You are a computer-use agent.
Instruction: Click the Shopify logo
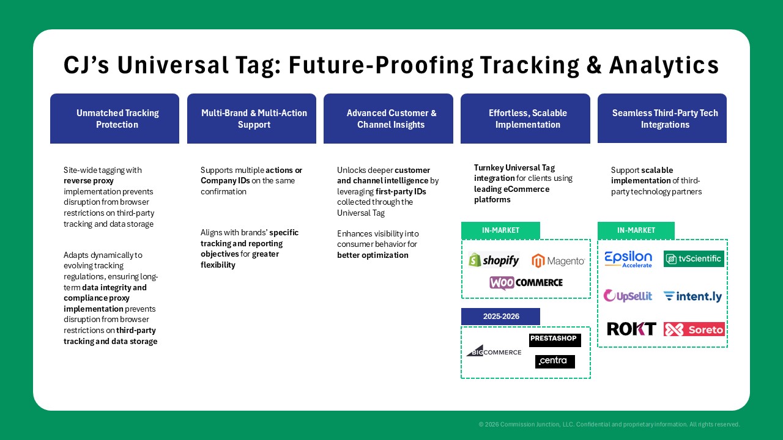coord(494,260)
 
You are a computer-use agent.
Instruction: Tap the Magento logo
coord(558,261)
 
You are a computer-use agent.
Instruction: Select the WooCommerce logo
coord(526,282)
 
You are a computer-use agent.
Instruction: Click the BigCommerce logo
coord(494,351)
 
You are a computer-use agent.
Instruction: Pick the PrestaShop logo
coord(555,340)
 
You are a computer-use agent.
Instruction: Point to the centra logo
coord(555,361)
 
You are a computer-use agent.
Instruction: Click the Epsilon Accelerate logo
coord(628,260)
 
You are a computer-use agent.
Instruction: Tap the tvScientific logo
coord(694,258)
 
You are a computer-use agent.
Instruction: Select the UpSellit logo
coord(628,296)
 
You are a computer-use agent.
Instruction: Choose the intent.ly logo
coord(692,296)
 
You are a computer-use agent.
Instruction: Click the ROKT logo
coord(631,329)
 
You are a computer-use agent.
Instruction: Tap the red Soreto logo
coord(694,329)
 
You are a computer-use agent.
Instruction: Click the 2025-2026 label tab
coord(500,317)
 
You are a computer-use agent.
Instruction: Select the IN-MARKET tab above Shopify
coord(500,230)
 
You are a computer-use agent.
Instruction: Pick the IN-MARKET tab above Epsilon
coord(636,230)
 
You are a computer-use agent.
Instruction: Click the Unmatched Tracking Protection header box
coord(114,119)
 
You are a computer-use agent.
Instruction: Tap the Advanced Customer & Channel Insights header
coord(388,119)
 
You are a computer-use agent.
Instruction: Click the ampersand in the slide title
coord(594,65)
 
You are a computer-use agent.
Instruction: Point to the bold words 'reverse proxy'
coord(89,181)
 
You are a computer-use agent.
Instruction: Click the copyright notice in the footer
coord(609,424)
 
